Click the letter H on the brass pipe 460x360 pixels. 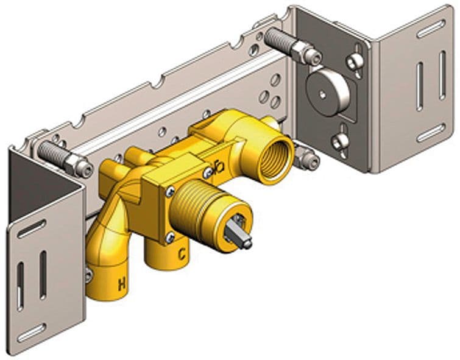click(x=122, y=284)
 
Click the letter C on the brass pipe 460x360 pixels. click(x=182, y=254)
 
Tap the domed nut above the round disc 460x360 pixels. click(x=355, y=62)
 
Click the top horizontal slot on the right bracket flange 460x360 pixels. click(x=431, y=29)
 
